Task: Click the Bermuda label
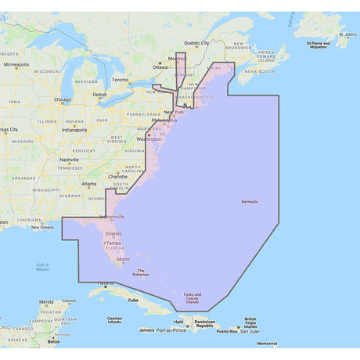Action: coord(250,202)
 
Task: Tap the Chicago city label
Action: coord(63,99)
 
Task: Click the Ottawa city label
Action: coord(160,67)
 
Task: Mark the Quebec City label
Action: coord(196,43)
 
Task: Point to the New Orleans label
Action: coord(42,227)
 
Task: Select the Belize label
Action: coord(53,341)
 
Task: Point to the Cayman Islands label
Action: coord(115,320)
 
